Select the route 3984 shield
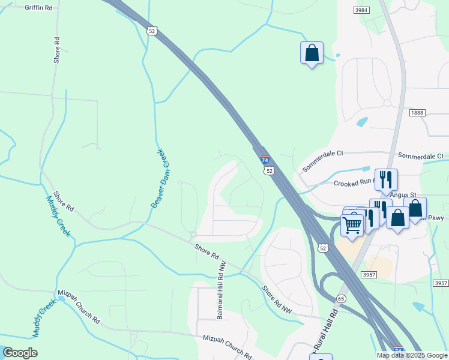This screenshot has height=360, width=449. (361, 10)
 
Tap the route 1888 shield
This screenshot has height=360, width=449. (418, 113)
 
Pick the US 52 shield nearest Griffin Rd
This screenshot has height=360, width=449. (152, 31)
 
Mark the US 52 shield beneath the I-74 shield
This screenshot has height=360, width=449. (270, 171)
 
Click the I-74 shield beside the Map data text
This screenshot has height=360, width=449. (398, 349)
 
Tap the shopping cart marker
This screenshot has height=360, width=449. (352, 226)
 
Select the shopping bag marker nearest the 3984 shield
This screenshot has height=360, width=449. (312, 53)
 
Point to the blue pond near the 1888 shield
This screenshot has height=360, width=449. (362, 122)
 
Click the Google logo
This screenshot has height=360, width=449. (20, 353)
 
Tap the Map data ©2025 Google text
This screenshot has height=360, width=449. (411, 355)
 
